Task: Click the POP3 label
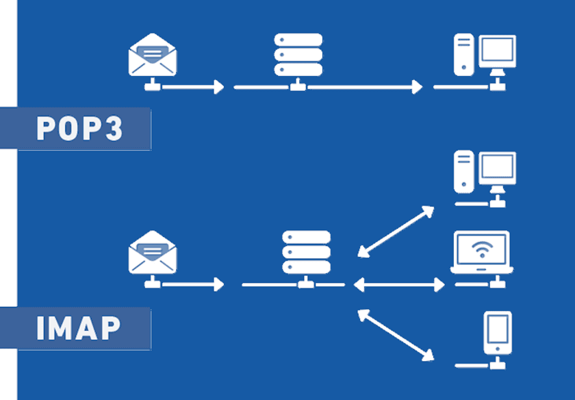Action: (x=79, y=129)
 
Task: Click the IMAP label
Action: (x=78, y=329)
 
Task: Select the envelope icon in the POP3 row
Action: (x=153, y=55)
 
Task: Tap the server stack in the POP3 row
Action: (x=298, y=55)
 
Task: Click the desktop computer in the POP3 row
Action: (x=485, y=55)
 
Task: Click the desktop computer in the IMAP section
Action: (x=485, y=173)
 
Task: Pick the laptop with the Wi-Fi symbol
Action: (x=481, y=252)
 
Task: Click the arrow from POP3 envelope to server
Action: (x=192, y=87)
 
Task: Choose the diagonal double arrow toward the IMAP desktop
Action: (x=396, y=232)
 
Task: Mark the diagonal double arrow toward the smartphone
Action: (x=396, y=334)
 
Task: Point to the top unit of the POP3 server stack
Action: (x=298, y=40)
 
